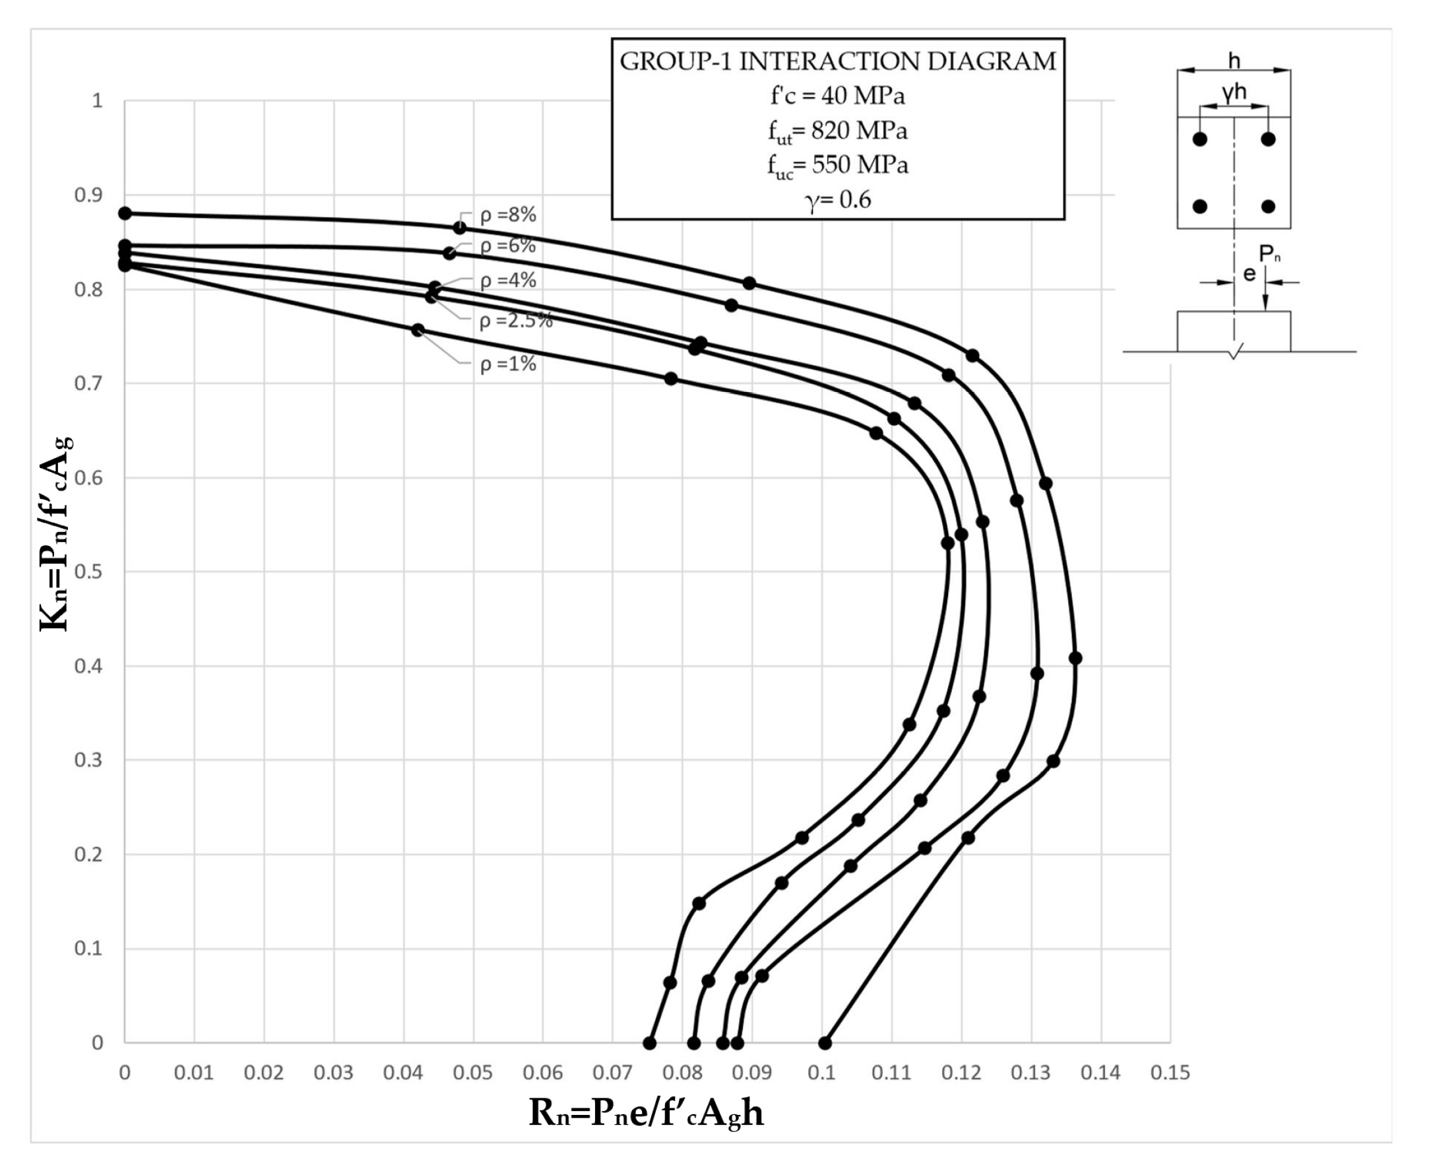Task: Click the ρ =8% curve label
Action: click(508, 215)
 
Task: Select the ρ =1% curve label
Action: click(508, 364)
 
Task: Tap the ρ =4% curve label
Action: click(508, 280)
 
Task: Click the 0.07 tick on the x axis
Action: click(612, 1072)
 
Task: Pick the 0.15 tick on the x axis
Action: click(1170, 1072)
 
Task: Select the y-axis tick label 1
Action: click(98, 101)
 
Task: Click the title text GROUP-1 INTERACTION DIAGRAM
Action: click(837, 61)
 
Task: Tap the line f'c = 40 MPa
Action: click(837, 96)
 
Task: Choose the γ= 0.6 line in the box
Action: click(837, 200)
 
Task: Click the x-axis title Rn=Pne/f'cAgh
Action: click(646, 1113)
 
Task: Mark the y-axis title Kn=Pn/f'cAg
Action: click(55, 534)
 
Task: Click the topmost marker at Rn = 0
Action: click(125, 213)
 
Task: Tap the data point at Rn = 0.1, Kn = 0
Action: click(825, 1043)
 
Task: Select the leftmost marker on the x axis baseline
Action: click(650, 1043)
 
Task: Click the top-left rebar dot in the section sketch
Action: click(1199, 139)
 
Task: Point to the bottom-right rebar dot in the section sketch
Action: click(1268, 207)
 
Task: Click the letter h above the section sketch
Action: click(1234, 61)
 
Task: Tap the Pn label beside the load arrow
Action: click(1269, 254)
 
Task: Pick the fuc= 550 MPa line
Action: click(837, 166)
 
